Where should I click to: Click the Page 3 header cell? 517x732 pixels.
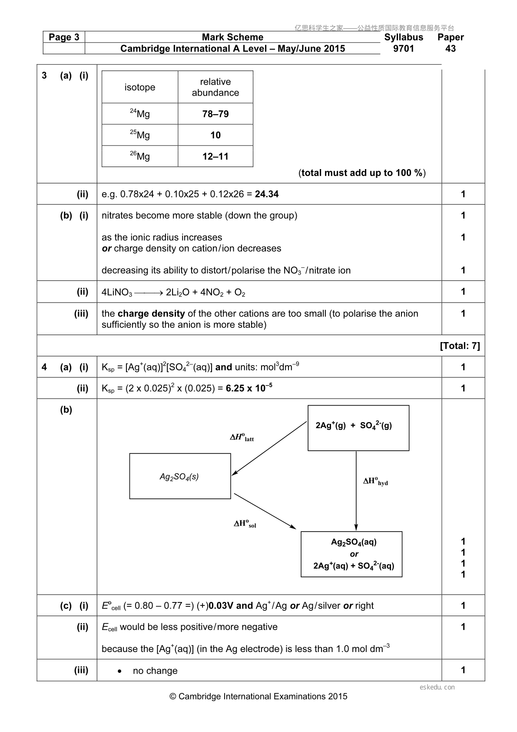click(64, 37)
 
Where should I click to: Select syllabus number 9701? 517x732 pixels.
click(403, 49)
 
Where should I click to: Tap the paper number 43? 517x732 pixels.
click(451, 49)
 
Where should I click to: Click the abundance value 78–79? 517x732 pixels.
click(215, 114)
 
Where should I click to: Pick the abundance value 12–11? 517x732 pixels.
click(215, 156)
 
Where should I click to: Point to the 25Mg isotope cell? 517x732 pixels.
click(140, 135)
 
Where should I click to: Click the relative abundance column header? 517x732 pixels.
click(215, 87)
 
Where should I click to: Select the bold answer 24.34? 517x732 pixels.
click(267, 194)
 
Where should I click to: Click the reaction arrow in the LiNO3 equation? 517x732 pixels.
click(149, 293)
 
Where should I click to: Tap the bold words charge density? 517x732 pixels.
click(151, 314)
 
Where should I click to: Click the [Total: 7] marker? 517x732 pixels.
click(460, 346)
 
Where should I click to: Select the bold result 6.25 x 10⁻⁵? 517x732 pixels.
click(249, 388)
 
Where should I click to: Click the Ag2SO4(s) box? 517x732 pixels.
click(180, 476)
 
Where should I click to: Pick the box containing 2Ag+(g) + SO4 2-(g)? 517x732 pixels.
click(358, 428)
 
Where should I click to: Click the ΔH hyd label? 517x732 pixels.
click(375, 482)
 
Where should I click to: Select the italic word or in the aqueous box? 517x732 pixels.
click(354, 554)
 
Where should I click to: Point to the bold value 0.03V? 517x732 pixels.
click(221, 606)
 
